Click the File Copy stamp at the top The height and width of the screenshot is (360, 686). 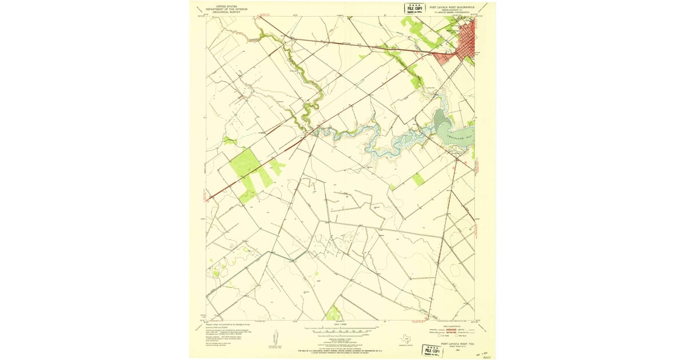point(415,8)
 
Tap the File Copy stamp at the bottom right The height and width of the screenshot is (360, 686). point(432,350)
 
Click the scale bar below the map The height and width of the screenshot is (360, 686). point(341,330)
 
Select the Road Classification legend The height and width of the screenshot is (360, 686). point(452,332)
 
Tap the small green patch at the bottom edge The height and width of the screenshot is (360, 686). point(333,313)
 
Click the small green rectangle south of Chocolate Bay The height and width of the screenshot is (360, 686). point(418,179)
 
